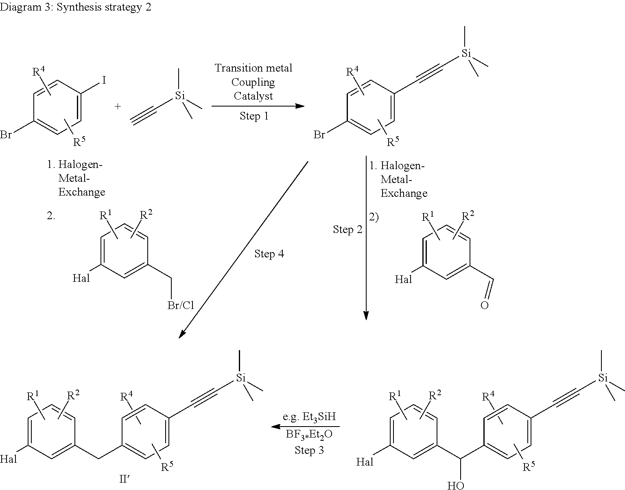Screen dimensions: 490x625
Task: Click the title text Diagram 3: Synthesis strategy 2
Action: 75,8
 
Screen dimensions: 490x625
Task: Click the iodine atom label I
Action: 104,81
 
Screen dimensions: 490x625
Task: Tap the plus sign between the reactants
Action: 118,107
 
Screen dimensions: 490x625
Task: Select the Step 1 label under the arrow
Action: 254,116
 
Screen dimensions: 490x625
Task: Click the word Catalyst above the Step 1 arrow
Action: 253,96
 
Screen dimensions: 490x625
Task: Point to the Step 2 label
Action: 347,229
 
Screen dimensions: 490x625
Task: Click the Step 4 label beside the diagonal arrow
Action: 269,254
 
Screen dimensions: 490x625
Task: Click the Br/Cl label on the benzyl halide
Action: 181,305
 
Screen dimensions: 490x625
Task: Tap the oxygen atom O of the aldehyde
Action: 484,305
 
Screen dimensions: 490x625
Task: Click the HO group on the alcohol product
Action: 455,486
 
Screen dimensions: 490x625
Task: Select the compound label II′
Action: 124,480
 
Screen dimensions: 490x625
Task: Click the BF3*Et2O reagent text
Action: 309,434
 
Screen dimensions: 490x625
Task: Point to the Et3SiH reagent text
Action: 309,417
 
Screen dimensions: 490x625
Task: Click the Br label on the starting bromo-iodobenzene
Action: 6,135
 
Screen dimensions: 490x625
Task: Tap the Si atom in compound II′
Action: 241,378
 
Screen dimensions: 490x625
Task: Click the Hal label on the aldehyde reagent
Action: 403,279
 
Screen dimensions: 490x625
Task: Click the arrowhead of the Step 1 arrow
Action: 301,106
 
